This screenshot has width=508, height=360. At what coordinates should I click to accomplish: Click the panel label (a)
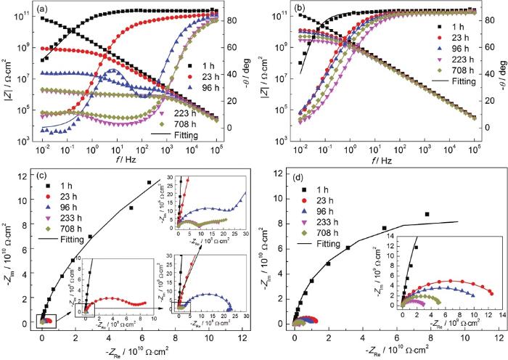[x=44, y=10]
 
